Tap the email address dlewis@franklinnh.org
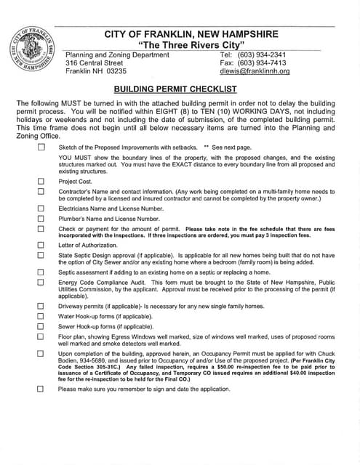(x=254, y=71)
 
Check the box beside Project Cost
(x=41, y=181)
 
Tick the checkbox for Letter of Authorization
(x=41, y=245)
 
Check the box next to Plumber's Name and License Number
(x=41, y=218)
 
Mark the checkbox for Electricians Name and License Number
(x=41, y=208)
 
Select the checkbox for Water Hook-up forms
(x=41, y=316)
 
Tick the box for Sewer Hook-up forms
(x=41, y=326)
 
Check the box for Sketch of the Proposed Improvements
(x=41, y=147)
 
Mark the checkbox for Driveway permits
(x=41, y=306)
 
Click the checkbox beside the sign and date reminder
(x=41, y=389)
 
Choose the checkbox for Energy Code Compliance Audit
(x=41, y=281)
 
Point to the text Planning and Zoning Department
(x=117, y=54)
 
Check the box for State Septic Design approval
(x=41, y=255)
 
